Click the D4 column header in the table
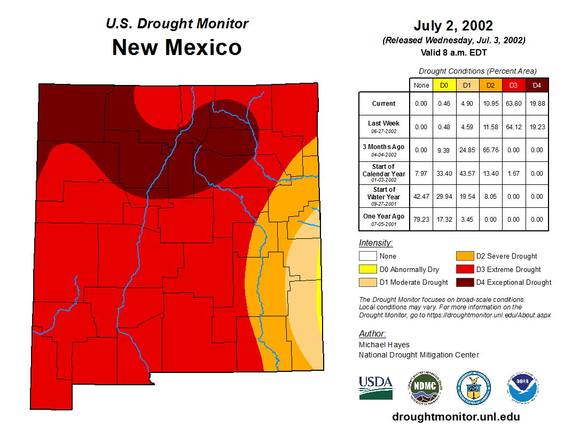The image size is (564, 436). click(x=537, y=85)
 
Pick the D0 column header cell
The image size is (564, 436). click(x=444, y=85)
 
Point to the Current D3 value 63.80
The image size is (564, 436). click(x=513, y=104)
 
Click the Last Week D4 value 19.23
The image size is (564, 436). click(x=537, y=127)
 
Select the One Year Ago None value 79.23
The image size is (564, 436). click(x=421, y=219)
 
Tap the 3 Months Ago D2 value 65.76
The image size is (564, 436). click(x=490, y=150)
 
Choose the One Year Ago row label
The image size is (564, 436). click(x=384, y=216)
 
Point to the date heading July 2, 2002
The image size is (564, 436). click(x=453, y=26)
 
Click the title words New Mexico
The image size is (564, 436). click(x=177, y=48)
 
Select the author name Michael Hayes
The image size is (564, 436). click(x=385, y=345)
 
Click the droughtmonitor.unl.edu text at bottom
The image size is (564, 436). click(x=456, y=417)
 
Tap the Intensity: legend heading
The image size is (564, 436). click(x=375, y=243)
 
